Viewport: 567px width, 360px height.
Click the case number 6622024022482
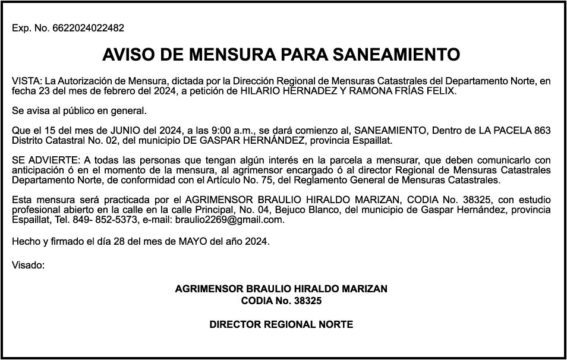89,29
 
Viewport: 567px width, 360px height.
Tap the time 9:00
222,130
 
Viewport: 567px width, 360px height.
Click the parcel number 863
542,130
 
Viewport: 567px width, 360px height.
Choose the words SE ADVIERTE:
44,160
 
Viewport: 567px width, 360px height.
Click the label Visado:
29,265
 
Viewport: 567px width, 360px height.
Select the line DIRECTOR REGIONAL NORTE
281,324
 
